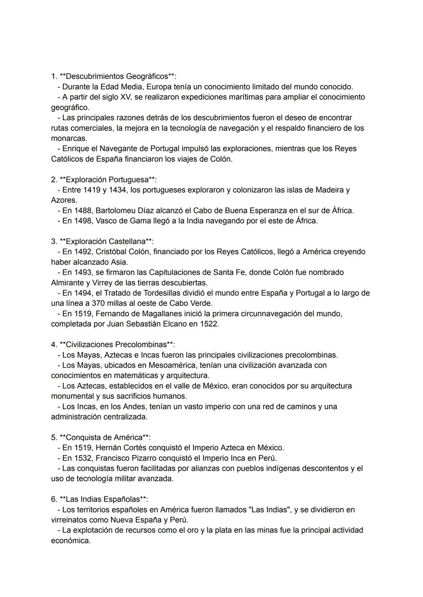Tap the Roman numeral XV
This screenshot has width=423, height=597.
pos(126,97)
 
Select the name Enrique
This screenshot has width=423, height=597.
pos(76,148)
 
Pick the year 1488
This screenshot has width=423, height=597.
pos(83,211)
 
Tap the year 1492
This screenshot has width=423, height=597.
pos(83,252)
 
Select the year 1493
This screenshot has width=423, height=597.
pos(83,272)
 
